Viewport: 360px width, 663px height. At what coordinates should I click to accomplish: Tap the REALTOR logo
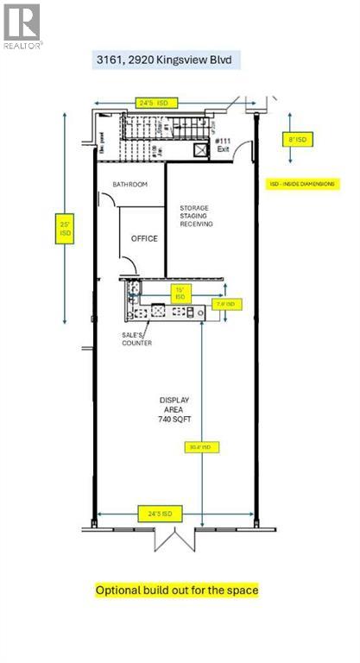(22, 26)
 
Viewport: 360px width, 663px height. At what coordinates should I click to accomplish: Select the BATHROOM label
(130, 185)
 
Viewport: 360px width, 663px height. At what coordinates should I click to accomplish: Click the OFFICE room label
(144, 238)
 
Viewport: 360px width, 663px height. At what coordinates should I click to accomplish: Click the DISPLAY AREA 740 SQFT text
(174, 409)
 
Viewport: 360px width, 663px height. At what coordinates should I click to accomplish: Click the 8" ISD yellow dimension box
(294, 137)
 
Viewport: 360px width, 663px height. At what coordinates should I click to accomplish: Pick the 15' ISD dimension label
(180, 293)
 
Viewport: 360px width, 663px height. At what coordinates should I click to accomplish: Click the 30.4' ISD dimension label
(201, 447)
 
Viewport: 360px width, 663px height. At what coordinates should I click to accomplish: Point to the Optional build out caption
(177, 590)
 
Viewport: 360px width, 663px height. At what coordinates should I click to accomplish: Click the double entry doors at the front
(175, 540)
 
